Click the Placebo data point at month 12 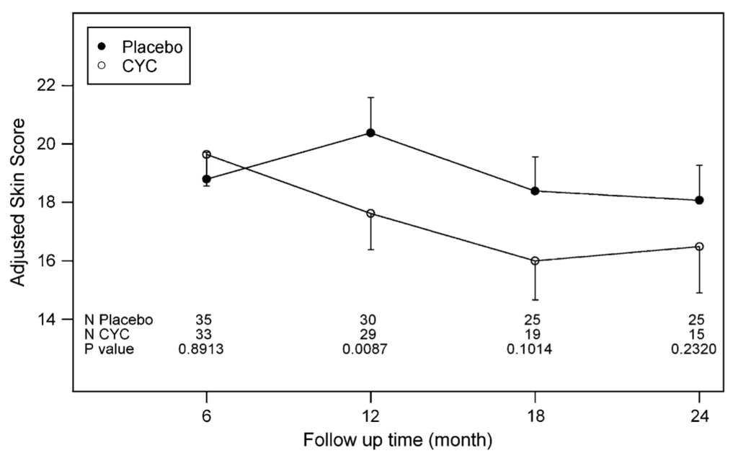coord(370,133)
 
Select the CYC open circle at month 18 coord(535,260)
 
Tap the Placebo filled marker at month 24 coord(699,200)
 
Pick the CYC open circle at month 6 coord(206,154)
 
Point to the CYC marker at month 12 coord(370,214)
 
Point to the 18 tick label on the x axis coord(535,418)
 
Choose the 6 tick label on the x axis coord(206,418)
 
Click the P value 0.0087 coord(370,350)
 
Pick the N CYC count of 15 coord(698,335)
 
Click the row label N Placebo coord(118,320)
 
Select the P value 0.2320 coord(695,350)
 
